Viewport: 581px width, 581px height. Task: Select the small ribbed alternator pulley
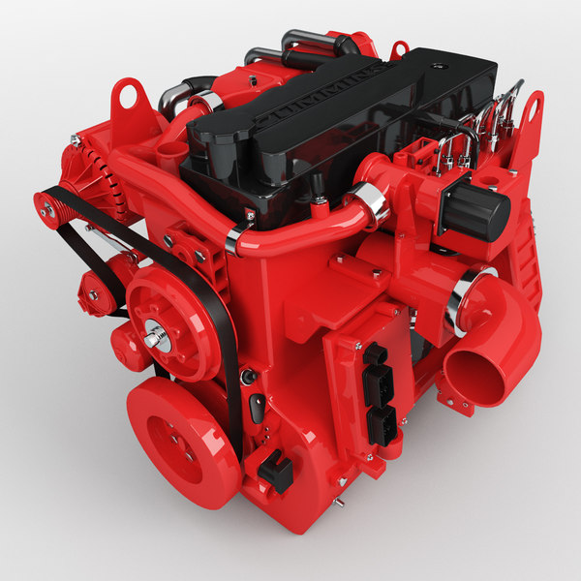pyautogui.click(x=47, y=205)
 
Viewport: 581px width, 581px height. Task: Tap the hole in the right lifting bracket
pyautogui.click(x=532, y=107)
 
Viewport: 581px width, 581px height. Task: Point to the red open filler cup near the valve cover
pyautogui.click(x=170, y=153)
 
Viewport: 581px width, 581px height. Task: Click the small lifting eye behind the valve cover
pyautogui.click(x=398, y=47)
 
